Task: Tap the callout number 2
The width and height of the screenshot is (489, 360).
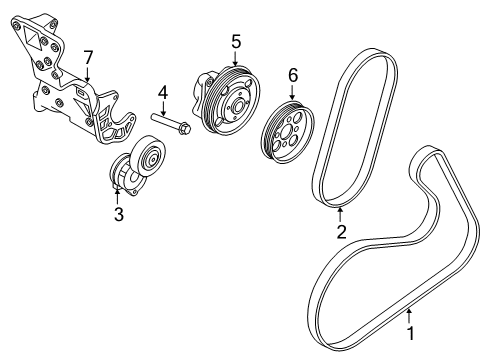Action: [341, 232]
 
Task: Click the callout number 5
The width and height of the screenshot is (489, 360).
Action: [236, 41]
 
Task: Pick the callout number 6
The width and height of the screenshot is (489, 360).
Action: [293, 74]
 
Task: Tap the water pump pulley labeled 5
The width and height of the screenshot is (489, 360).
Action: [229, 101]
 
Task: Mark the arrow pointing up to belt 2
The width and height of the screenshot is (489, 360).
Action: [341, 208]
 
